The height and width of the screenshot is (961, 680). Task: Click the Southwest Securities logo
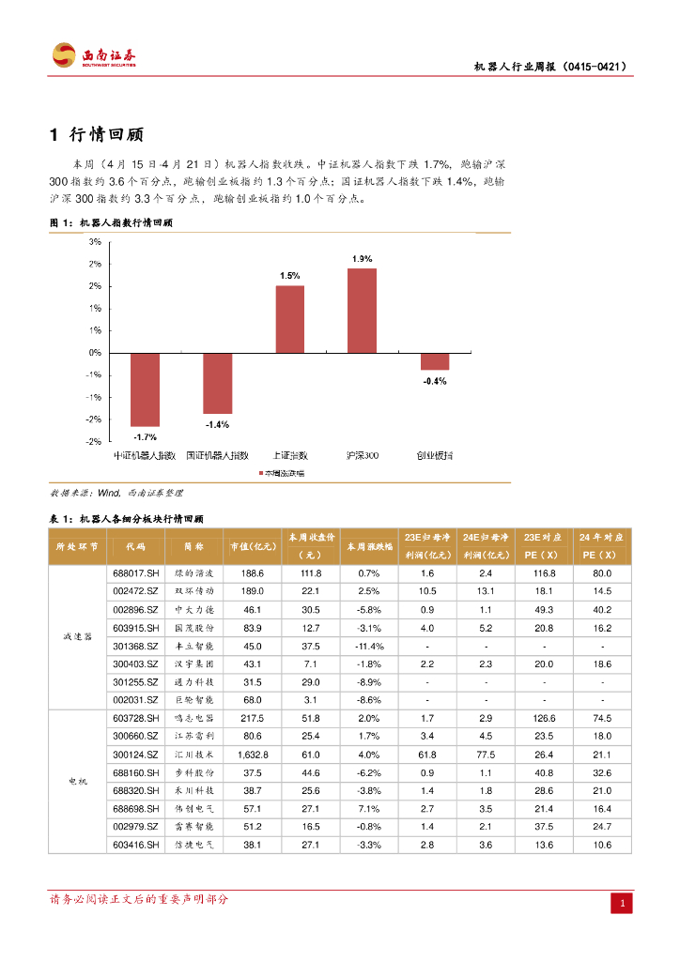[93, 55]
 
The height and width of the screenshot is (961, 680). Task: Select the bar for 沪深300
[362, 311]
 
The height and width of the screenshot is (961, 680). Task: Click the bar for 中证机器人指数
[145, 389]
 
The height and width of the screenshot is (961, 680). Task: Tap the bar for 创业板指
[434, 361]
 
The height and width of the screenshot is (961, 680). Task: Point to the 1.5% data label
[289, 276]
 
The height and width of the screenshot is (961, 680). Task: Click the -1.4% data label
[217, 424]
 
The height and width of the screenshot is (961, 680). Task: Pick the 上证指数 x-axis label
[289, 455]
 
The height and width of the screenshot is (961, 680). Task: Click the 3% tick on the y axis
[95, 241]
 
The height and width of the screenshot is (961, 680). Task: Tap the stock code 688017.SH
[136, 572]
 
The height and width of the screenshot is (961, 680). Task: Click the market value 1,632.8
[254, 754]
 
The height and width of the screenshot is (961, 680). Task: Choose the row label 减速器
[77, 636]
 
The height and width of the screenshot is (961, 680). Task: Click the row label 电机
[77, 781]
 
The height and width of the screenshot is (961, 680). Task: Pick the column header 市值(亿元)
[254, 546]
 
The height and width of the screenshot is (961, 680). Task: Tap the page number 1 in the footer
[621, 904]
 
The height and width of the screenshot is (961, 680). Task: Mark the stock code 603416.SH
[136, 844]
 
